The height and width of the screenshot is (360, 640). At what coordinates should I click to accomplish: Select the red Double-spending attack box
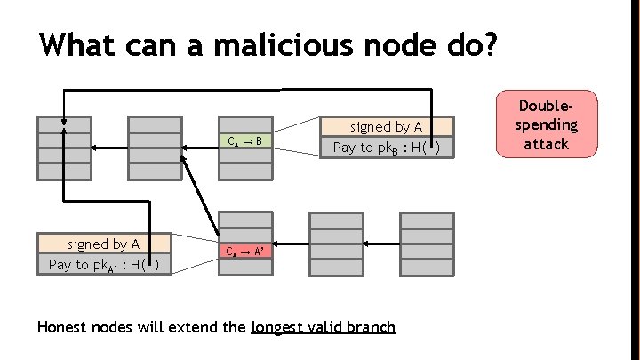point(546,124)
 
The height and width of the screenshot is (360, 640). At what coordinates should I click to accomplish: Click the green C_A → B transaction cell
point(244,140)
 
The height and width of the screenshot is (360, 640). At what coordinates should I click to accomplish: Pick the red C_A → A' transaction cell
point(244,252)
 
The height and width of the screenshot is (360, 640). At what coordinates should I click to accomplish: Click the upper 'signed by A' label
point(386,127)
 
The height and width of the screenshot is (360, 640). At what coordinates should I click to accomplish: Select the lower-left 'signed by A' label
point(103,244)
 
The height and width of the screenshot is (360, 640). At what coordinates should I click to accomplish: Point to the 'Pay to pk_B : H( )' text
point(386,148)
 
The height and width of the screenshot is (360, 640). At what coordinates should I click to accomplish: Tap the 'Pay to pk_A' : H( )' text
point(103,264)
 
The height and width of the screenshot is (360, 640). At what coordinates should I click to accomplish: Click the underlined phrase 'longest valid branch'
point(324,327)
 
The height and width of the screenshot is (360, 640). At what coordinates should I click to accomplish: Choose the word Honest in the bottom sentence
point(64,327)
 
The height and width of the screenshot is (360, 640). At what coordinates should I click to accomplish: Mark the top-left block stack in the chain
point(63,148)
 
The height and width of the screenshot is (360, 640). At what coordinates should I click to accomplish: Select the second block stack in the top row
point(155,148)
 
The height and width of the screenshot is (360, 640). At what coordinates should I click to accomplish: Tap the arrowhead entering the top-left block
point(64,124)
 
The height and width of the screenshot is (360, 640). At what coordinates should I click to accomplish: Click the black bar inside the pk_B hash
point(430,147)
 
